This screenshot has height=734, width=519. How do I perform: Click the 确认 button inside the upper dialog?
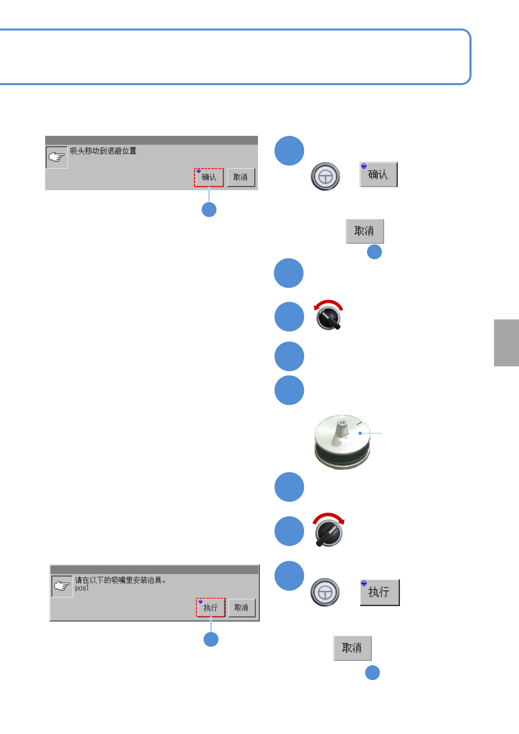[209, 177]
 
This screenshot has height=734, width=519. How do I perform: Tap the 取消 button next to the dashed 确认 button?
[240, 177]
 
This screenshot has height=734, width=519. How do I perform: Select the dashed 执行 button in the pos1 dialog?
[211, 608]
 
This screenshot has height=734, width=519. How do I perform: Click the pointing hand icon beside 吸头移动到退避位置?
[56, 157]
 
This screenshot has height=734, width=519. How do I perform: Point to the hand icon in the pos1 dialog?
[62, 586]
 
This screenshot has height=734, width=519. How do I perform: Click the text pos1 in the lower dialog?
[82, 588]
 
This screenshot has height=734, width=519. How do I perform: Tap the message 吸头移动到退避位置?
[103, 151]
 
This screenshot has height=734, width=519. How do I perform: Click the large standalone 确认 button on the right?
[378, 174]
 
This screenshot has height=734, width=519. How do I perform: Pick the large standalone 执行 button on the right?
[379, 592]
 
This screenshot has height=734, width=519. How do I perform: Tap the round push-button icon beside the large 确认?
[325, 176]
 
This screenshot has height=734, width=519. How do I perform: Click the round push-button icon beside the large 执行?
[325, 592]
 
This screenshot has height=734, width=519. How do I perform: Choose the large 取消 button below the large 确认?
[364, 231]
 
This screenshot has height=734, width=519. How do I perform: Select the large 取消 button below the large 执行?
[352, 648]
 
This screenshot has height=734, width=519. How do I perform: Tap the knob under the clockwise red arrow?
[329, 533]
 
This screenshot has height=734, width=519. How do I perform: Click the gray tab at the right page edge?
[506, 343]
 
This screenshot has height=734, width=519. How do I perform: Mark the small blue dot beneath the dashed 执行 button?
[211, 639]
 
